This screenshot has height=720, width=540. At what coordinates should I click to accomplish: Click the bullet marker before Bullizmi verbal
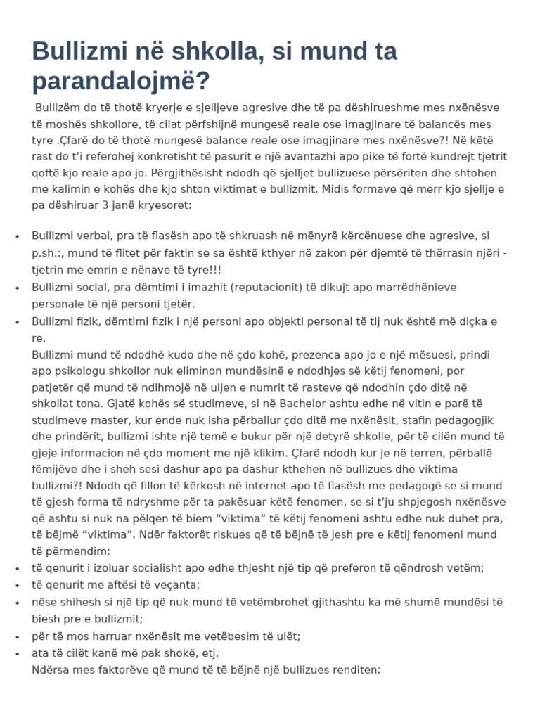17,236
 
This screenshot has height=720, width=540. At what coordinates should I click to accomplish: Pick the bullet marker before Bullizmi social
17,287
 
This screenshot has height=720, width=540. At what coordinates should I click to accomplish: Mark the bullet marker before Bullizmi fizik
17,321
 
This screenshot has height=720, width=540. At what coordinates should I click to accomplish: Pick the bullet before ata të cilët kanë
17,653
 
